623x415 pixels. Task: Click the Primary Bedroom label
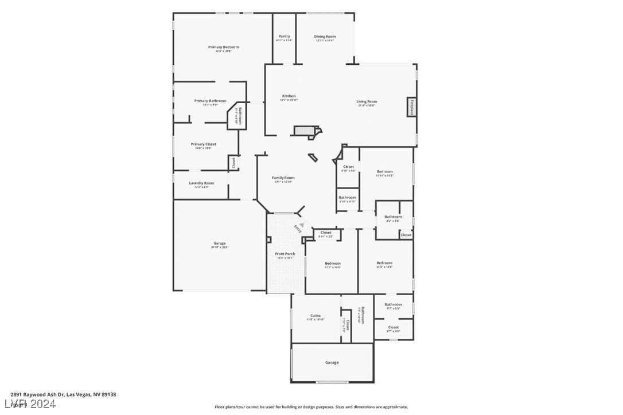click(223, 47)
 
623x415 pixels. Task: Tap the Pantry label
click(284, 36)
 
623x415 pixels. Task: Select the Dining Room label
click(325, 36)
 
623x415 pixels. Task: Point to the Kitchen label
click(289, 96)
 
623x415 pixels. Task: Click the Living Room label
click(367, 101)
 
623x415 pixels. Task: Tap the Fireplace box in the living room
click(411, 107)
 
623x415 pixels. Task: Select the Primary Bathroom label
click(210, 101)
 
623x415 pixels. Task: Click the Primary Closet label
click(203, 144)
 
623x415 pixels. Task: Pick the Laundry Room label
click(201, 183)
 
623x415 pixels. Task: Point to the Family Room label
click(283, 178)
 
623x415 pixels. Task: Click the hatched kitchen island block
click(305, 131)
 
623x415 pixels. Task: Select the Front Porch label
click(285, 253)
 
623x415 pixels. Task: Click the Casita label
click(316, 316)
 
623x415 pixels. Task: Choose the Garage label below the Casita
click(332, 362)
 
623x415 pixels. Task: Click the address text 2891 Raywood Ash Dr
click(38, 394)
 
